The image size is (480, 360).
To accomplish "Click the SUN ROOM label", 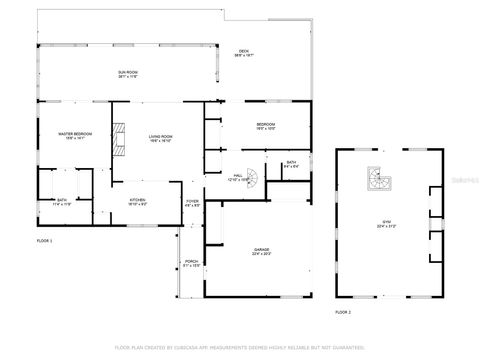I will (x=127, y=74).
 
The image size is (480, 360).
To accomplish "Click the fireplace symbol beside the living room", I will (x=120, y=138).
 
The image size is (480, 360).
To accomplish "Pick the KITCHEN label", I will (x=137, y=202).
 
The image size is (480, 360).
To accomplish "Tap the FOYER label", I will (x=192, y=203).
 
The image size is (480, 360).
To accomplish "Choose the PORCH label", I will (x=191, y=265).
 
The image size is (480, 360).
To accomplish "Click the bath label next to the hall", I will (x=291, y=164).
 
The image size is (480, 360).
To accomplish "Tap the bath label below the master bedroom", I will (x=62, y=202).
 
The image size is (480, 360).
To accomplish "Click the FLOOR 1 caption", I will (x=44, y=241).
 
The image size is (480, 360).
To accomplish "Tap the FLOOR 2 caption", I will (x=343, y=312).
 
